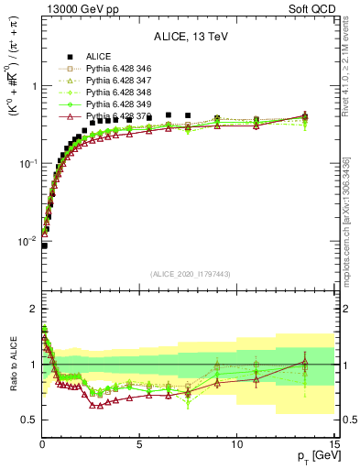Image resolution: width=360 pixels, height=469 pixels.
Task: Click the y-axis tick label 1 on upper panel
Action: (32, 86)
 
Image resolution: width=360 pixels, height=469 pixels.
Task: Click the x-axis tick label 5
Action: (139, 443)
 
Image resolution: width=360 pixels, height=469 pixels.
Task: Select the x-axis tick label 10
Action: (235, 443)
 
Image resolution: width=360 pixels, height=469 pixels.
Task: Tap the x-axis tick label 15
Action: (333, 443)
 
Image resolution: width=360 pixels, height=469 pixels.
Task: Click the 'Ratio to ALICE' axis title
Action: (10, 365)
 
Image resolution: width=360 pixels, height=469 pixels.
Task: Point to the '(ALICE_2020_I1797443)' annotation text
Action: (189, 273)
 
